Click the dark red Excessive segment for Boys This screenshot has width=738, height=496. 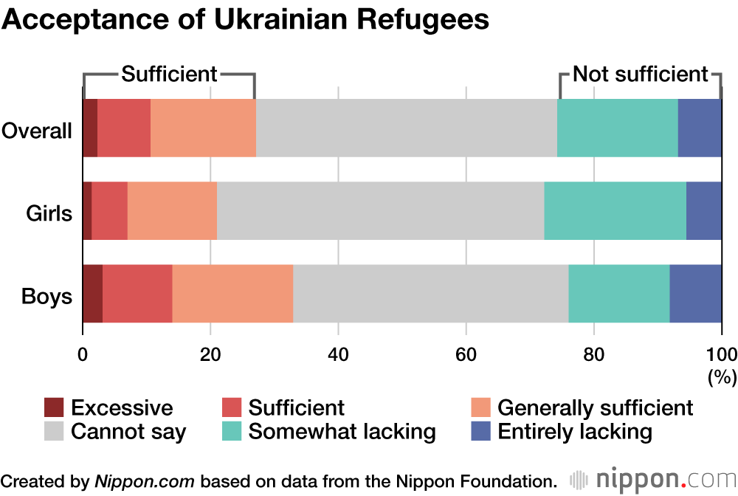pyautogui.click(x=92, y=293)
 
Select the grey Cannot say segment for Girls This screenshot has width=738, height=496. pyautogui.click(x=380, y=210)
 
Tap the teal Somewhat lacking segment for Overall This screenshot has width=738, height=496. pyautogui.click(x=617, y=128)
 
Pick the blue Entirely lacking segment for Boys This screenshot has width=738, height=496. pyautogui.click(x=695, y=293)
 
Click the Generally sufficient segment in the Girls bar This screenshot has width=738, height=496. pyautogui.click(x=172, y=210)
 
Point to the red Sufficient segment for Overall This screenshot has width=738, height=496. pyautogui.click(x=124, y=128)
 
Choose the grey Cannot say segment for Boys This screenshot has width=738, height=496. pyautogui.click(x=430, y=293)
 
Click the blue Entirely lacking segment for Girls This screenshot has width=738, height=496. pyautogui.click(x=703, y=210)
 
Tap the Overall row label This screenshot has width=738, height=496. pyautogui.click(x=37, y=131)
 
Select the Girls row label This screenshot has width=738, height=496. pyautogui.click(x=49, y=214)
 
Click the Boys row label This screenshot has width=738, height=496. pyautogui.click(x=47, y=297)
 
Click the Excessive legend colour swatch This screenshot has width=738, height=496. pyautogui.click(x=55, y=407)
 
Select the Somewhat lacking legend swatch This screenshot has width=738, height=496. pyautogui.click(x=232, y=431)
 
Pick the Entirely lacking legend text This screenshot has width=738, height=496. pyautogui.click(x=575, y=431)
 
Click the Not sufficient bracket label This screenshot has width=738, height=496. pyautogui.click(x=640, y=74)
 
